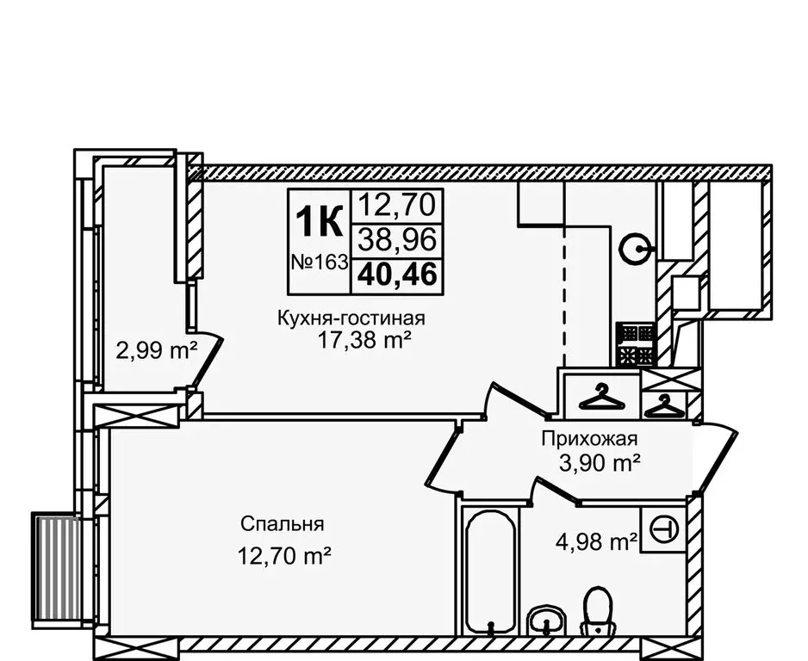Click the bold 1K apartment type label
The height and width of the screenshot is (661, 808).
[318, 222]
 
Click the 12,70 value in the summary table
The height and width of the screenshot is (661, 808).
[398, 205]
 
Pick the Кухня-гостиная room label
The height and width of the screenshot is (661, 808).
[351, 318]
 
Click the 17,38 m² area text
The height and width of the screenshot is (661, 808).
[363, 342]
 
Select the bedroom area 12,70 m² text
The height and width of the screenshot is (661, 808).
[285, 557]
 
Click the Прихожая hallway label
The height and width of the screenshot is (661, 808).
[588, 437]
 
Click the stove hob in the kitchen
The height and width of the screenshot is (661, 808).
[636, 346]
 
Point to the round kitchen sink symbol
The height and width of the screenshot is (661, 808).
[636, 250]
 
